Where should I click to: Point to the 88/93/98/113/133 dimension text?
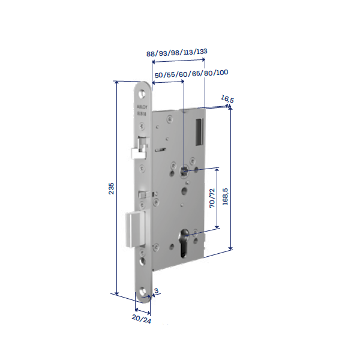click(177, 52)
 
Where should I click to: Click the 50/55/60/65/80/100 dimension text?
click(191, 73)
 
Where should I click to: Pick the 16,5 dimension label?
click(227, 98)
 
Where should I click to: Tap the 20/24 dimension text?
click(142, 321)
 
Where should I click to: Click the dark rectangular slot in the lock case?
click(200, 131)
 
